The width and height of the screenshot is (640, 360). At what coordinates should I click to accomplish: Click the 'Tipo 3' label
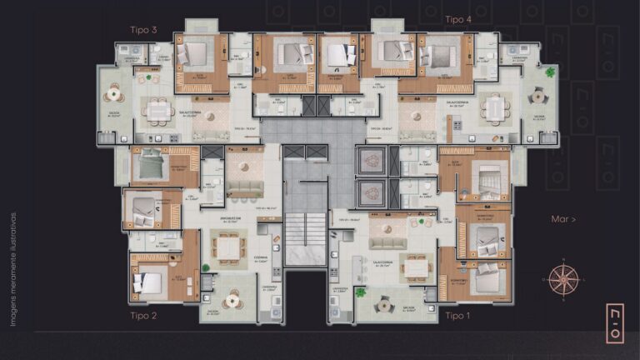[144, 30]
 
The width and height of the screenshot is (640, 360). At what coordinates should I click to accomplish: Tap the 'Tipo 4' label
[457, 19]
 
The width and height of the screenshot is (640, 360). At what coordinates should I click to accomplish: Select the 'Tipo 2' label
[143, 316]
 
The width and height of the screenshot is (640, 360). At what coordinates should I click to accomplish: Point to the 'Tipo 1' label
[457, 316]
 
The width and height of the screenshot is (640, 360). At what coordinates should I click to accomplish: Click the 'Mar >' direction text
[563, 219]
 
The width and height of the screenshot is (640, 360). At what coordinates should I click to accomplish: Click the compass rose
[563, 278]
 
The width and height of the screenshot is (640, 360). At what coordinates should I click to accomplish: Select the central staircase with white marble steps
[304, 240]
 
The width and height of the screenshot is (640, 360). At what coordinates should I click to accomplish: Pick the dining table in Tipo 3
[157, 109]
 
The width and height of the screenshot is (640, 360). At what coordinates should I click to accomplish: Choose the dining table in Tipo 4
[496, 107]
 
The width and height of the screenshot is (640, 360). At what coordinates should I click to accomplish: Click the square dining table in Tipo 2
[227, 247]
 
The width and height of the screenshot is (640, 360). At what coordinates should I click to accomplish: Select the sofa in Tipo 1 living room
[387, 242]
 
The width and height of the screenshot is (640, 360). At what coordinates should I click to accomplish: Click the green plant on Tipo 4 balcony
[550, 72]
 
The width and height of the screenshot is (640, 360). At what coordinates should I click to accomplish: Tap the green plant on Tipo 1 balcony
[360, 292]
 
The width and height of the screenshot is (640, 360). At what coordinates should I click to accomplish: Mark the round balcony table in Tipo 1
[384, 304]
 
